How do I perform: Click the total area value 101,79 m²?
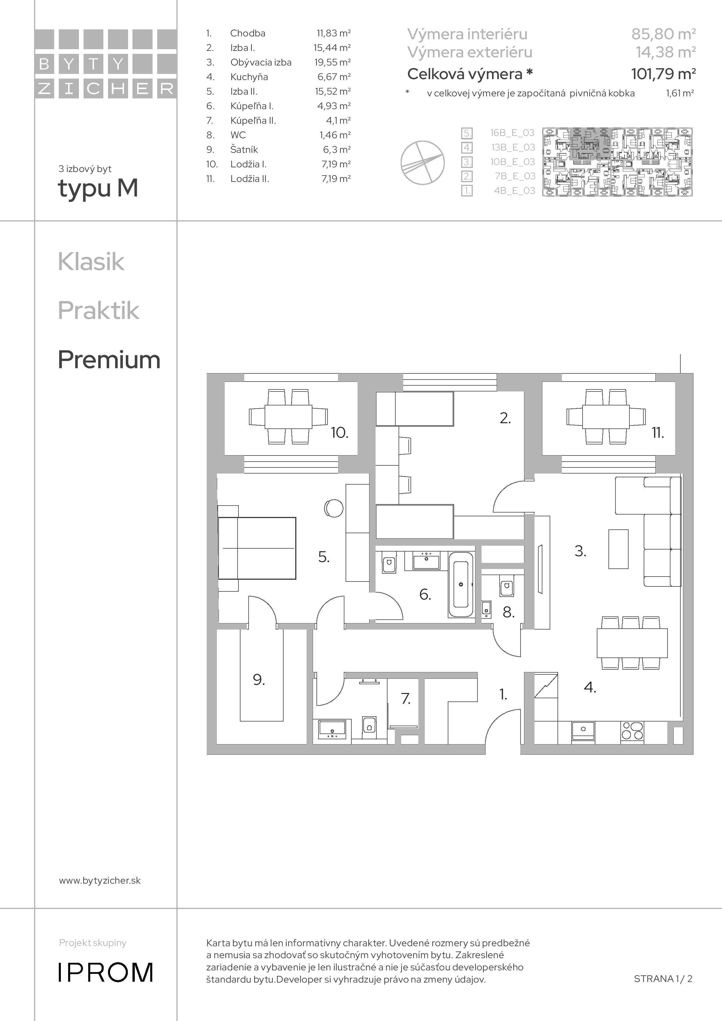(663, 73)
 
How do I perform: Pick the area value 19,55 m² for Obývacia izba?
(332, 62)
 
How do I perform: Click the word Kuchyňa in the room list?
(249, 77)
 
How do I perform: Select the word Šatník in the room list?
(244, 149)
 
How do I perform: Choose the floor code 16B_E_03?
(512, 132)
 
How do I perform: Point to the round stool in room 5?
(334, 508)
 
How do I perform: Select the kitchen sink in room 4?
(583, 731)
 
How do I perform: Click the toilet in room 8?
(506, 588)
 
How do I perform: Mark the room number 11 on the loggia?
(658, 433)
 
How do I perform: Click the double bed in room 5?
(257, 548)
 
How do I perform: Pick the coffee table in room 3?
(618, 549)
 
